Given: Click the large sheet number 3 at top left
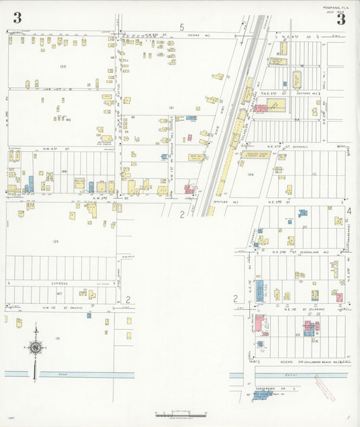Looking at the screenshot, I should click(x=17, y=18).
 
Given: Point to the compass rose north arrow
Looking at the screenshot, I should click(x=35, y=347).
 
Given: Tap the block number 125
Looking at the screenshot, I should click(x=55, y=241).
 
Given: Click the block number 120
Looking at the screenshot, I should click(x=63, y=66).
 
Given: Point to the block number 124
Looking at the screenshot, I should click(x=251, y=174).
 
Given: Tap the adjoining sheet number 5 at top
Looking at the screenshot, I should click(x=182, y=27).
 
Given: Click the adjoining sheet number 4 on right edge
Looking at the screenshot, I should click(x=349, y=211).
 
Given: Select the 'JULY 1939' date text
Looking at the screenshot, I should click(x=336, y=12).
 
